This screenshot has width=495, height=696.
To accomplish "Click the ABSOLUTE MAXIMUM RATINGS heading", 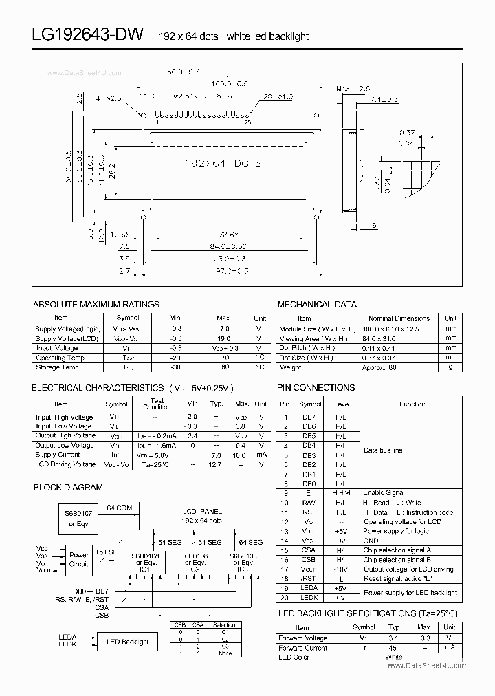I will click(x=96, y=304).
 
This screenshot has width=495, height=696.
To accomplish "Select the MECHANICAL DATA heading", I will click(x=317, y=304).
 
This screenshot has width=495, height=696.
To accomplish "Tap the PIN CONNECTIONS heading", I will click(x=316, y=388).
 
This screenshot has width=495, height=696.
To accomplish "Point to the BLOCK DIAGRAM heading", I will click(x=68, y=487).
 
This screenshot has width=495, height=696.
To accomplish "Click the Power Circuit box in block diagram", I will click(x=79, y=559).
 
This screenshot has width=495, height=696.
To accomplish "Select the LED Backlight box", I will click(x=127, y=642).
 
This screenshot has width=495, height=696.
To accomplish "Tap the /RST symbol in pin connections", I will click(x=309, y=579).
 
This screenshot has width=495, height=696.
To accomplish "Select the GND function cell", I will click(x=371, y=541).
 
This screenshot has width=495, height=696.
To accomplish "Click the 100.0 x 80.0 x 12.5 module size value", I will click(x=389, y=329).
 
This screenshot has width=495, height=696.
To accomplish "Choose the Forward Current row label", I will click(x=304, y=648).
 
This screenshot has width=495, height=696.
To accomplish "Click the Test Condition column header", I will click(x=157, y=404).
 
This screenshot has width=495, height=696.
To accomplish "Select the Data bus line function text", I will click(x=383, y=450).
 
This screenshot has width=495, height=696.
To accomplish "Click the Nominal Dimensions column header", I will click(x=399, y=318).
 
